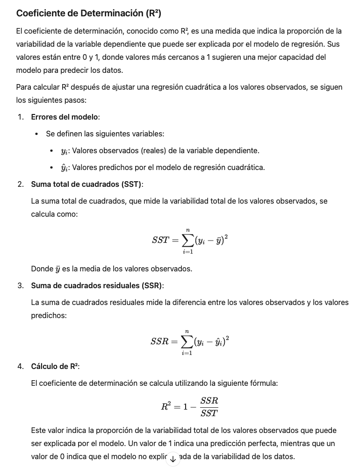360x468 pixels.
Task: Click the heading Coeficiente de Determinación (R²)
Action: [88, 14]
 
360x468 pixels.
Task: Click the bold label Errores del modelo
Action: [65, 117]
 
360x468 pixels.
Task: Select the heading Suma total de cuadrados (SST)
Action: [86, 184]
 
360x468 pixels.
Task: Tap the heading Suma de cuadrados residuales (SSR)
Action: [97, 285]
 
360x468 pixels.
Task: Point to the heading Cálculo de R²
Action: [55, 366]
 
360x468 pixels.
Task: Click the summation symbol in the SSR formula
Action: [187, 342]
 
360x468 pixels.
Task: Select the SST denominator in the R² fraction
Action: [209, 413]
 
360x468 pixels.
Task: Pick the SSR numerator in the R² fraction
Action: [209, 401]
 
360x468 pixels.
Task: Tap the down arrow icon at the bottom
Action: [173, 459]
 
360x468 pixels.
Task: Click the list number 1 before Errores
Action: [21, 117]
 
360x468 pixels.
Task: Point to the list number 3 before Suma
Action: [21, 285]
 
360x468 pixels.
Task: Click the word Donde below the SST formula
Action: [42, 269]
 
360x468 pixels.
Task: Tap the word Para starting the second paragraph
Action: [24, 87]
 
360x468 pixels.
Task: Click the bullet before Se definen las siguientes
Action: [36, 134]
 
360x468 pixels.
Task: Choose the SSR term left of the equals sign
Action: [159, 342]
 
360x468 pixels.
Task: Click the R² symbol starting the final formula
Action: [166, 406]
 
